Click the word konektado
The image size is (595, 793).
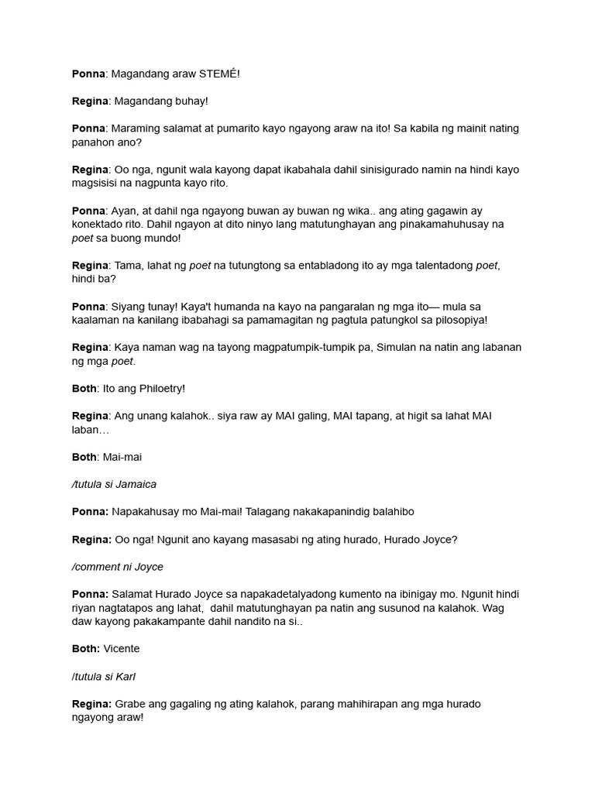coord(98,224)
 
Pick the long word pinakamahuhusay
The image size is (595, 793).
coord(439,224)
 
